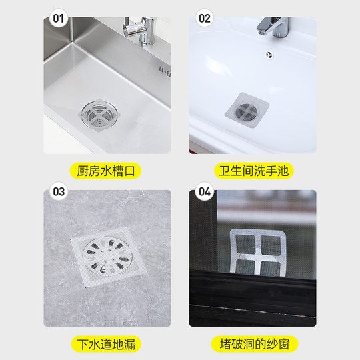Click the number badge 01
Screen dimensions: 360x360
(x=59, y=18)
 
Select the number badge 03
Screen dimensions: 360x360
(x=59, y=192)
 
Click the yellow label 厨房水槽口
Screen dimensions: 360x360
(x=107, y=171)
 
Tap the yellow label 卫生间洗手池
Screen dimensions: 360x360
(x=253, y=171)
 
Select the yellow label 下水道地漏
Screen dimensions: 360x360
(x=107, y=345)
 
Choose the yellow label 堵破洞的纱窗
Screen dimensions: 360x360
(x=253, y=345)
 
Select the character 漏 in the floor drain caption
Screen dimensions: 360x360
(x=133, y=345)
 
